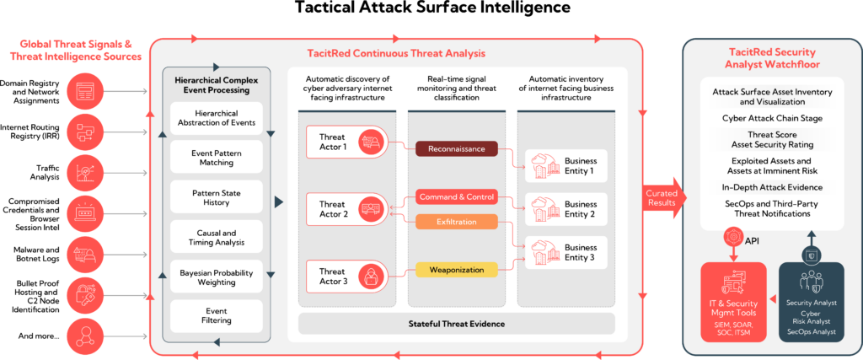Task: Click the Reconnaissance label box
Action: click(456, 148)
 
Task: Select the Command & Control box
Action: click(456, 196)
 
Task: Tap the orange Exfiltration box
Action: click(456, 222)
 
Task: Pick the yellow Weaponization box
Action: click(456, 270)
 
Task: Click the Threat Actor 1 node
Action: click(345, 142)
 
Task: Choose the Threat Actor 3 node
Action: click(345, 277)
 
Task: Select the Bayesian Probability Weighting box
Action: click(217, 277)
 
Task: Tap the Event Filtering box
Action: click(217, 315)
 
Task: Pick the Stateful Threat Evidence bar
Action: click(456, 323)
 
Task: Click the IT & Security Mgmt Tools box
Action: click(732, 300)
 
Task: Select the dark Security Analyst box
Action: click(811, 300)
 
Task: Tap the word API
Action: click(753, 241)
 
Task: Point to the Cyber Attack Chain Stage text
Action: click(772, 118)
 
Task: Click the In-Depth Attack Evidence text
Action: click(772, 186)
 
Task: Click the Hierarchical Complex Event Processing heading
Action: click(217, 85)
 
